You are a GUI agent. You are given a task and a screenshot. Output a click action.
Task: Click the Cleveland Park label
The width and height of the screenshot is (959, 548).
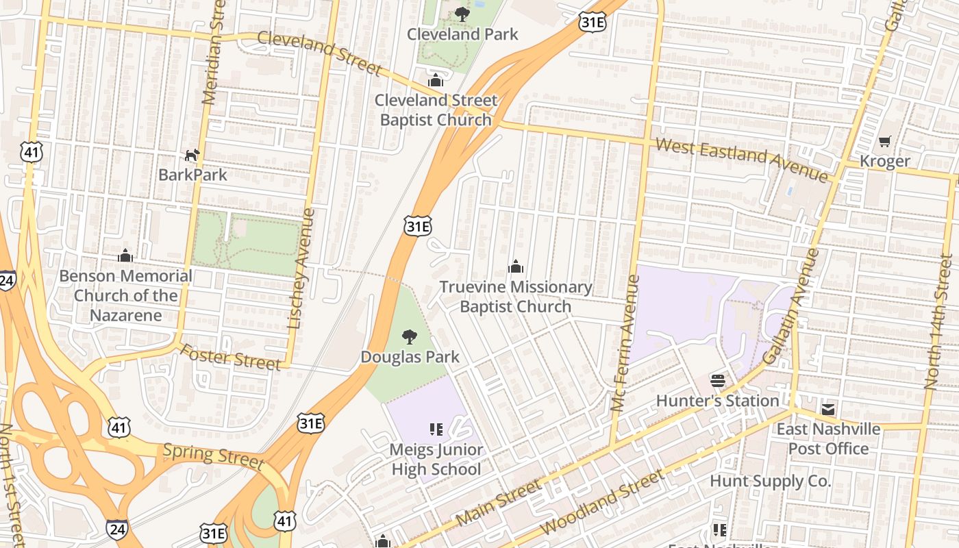pos(462,34)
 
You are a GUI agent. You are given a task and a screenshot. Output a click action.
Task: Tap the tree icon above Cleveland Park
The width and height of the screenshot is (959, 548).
pos(462,13)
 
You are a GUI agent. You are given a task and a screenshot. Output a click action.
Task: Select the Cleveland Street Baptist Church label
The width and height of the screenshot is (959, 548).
pos(436,110)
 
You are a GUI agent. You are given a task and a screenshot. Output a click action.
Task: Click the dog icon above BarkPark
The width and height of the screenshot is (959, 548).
pos(192,155)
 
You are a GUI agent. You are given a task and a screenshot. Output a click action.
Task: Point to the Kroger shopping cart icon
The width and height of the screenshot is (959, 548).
pos(885,142)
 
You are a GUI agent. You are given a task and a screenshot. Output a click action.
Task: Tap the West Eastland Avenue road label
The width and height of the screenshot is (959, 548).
pos(741,160)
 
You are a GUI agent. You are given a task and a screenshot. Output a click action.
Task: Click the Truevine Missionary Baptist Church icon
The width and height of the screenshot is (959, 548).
pos(516,266)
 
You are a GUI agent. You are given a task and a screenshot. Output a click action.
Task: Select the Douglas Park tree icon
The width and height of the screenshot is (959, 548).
pos(410,336)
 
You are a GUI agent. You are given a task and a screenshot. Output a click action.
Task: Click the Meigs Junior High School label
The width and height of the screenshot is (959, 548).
pos(436,459)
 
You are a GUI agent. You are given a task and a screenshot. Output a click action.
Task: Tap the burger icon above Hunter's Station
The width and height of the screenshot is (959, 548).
pos(717,380)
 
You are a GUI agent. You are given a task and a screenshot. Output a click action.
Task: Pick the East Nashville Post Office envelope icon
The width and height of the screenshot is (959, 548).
pos(828,410)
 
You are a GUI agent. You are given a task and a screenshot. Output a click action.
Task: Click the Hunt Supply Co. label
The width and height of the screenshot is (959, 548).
pos(770,481)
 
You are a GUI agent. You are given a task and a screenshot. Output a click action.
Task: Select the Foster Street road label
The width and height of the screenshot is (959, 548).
pos(230,357)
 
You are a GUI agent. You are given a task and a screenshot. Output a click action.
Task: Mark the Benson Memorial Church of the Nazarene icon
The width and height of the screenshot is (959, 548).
pos(125,256)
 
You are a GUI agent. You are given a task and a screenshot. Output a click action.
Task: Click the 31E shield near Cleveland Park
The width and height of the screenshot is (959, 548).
pos(593,22)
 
